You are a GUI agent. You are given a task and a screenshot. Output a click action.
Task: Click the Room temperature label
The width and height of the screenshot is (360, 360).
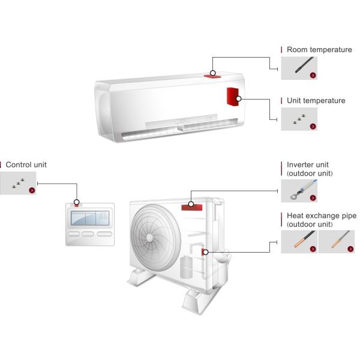click(x=319, y=50)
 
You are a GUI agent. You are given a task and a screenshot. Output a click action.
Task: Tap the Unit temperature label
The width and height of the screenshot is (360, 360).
click(x=316, y=101)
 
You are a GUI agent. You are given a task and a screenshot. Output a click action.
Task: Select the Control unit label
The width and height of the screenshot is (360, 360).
click(x=26, y=164)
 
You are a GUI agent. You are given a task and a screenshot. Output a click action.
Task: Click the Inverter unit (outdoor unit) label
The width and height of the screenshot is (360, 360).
click(x=310, y=169)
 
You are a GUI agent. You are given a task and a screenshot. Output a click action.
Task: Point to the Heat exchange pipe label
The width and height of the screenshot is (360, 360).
click(x=322, y=215)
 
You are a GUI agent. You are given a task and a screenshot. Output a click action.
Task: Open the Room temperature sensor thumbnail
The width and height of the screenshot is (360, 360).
click(x=299, y=68)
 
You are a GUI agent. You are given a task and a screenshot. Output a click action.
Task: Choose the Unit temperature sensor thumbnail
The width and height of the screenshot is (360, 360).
click(x=299, y=119)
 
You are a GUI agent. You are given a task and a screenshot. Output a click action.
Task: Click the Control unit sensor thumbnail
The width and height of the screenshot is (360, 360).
click(x=18, y=183)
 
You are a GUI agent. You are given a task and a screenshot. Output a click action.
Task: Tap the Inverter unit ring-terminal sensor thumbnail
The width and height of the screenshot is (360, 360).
click(x=299, y=191)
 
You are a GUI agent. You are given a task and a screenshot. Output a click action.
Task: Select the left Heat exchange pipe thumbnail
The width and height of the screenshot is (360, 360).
click(x=299, y=242)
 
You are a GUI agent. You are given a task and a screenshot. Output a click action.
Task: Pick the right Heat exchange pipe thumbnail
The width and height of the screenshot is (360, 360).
click(x=337, y=242)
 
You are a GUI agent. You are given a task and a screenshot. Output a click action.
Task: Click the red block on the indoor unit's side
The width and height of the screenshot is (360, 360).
click(x=233, y=97)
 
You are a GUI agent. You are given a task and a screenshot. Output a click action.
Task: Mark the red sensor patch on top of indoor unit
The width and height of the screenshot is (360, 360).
click(x=212, y=76)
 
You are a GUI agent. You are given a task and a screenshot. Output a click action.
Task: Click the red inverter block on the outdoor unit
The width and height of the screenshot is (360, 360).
click(x=192, y=208)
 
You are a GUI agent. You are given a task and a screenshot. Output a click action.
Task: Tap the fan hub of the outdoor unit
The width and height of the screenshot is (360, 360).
click(x=149, y=238)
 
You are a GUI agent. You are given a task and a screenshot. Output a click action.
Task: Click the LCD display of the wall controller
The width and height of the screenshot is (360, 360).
click(x=90, y=218)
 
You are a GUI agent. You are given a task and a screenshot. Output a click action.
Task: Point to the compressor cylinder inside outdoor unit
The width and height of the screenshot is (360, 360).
click(x=186, y=268)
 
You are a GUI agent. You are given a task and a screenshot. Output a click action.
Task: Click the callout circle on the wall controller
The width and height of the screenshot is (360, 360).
click(x=77, y=202)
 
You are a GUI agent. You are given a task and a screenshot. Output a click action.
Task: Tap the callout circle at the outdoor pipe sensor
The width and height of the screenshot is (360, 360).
click(x=206, y=252)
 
